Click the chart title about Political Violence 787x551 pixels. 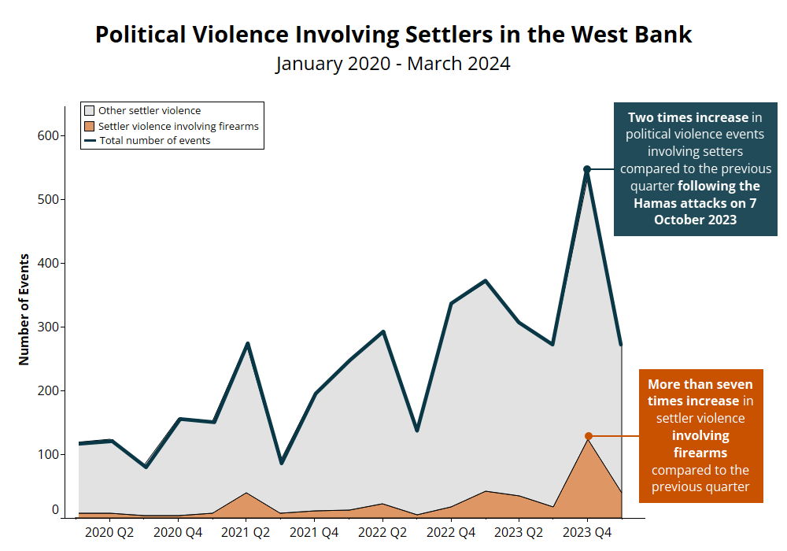[393, 35]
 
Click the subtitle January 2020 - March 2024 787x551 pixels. [393, 64]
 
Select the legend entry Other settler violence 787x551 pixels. [150, 111]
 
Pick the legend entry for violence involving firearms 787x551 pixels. [178, 126]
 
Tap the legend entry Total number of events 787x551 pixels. [154, 141]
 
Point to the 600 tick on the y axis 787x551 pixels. [50, 135]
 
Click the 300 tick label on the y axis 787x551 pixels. [50, 327]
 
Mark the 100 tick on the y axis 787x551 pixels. [50, 454]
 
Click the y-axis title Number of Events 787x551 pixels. [24, 309]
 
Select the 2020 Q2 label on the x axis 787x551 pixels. [109, 533]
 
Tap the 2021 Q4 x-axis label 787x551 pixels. [314, 533]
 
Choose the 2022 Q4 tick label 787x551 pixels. [451, 533]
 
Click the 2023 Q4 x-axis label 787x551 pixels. [587, 533]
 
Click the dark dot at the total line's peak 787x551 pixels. [587, 169]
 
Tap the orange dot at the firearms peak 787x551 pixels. [588, 436]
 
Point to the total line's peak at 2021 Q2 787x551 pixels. [247, 344]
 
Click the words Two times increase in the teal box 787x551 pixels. [688, 117]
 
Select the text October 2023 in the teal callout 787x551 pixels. [696, 220]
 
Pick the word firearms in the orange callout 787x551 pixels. [700, 453]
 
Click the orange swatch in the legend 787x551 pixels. [90, 126]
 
